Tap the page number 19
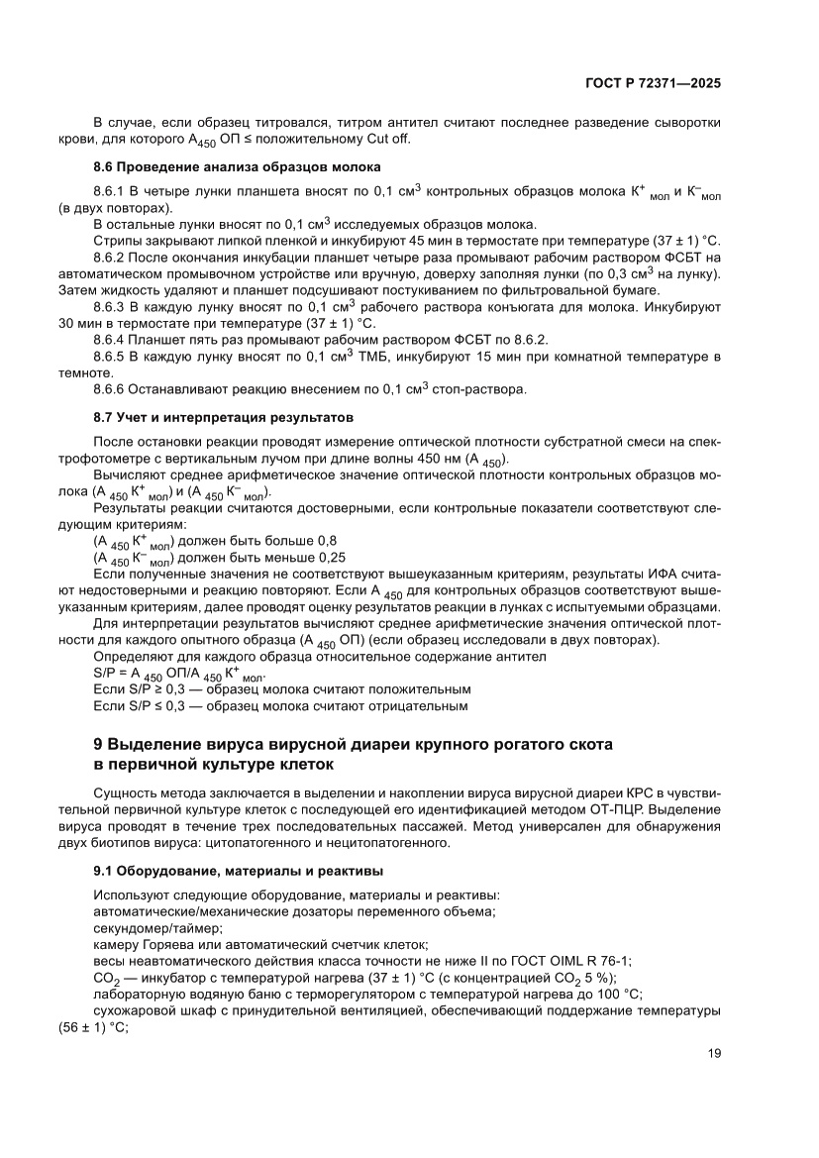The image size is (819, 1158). tap(713, 1054)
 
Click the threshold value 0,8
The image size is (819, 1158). tap(324, 541)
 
